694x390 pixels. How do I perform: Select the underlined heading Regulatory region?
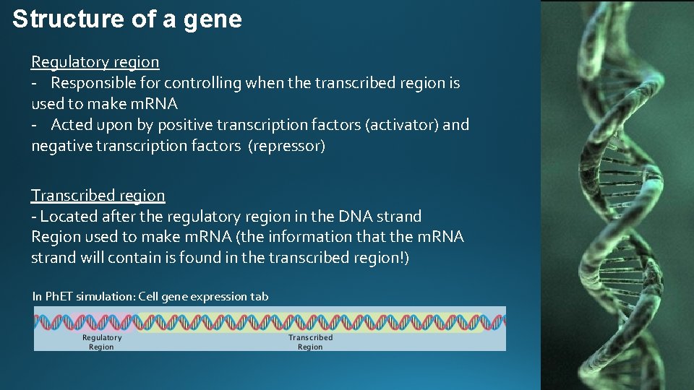pyautogui.click(x=95, y=62)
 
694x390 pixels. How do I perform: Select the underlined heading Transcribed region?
pyautogui.click(x=98, y=195)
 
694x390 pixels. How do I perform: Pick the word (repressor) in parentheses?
pyautogui.click(x=287, y=146)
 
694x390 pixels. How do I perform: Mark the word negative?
pyautogui.click(x=61, y=146)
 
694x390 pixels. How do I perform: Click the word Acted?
pyautogui.click(x=72, y=125)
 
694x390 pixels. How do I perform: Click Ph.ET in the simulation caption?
pyautogui.click(x=58, y=296)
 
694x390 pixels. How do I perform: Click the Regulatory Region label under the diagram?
pyautogui.click(x=102, y=342)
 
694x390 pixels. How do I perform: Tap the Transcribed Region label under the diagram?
pyautogui.click(x=310, y=342)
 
